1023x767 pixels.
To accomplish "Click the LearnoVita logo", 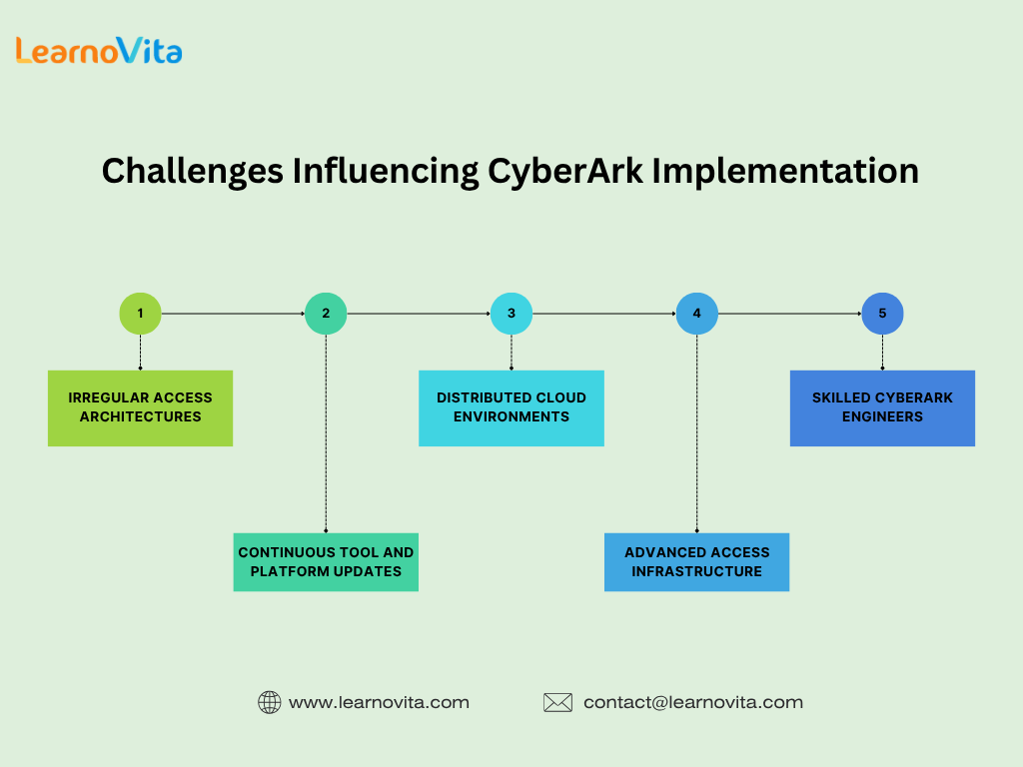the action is point(99,50).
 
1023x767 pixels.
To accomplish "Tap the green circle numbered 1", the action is point(140,314).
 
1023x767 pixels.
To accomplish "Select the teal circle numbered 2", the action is point(326,314).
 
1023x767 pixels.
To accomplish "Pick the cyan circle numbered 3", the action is point(511,314).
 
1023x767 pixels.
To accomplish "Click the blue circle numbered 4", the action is point(696,314).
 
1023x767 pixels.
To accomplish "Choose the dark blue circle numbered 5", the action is point(883,314).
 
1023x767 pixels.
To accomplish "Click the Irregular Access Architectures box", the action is point(140,408).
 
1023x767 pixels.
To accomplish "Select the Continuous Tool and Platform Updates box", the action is point(326,562).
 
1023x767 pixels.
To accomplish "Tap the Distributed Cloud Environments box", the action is point(511,408).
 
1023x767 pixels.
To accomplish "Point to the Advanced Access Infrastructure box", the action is point(696,562).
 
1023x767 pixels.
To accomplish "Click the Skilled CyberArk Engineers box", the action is point(883,408).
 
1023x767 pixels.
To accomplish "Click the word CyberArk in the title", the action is point(565,172).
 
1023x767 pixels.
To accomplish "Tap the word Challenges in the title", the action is point(193,172).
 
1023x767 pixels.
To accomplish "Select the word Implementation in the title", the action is point(785,172).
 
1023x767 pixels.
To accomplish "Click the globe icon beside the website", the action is point(270,702).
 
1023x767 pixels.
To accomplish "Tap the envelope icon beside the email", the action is point(557,702).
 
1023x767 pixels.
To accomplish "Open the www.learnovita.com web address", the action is point(379,702).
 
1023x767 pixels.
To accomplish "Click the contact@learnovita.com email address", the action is point(693,702).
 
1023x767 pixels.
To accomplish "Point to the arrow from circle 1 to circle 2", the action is point(233,314).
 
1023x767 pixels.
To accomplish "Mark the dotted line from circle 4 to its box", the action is point(696,433).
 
